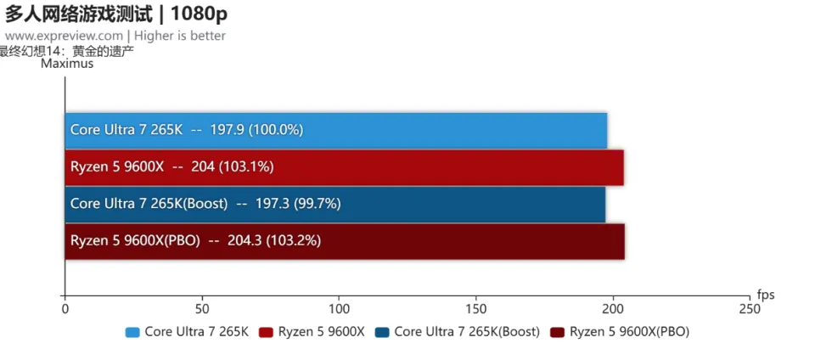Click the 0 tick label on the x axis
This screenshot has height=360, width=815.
(65, 310)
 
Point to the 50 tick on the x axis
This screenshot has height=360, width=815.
(202, 310)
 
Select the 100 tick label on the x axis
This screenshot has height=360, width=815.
(339, 310)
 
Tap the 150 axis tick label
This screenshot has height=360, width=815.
(476, 310)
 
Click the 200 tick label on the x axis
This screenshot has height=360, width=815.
(614, 310)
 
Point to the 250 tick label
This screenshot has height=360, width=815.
(750, 310)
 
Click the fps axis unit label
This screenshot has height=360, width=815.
(766, 295)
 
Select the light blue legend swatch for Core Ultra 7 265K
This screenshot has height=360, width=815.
(132, 332)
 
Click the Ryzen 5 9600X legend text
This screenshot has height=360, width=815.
(321, 332)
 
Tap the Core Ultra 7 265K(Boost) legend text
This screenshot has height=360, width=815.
(467, 332)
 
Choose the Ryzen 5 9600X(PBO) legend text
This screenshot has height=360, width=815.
(629, 332)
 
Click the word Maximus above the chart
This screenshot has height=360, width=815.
(67, 64)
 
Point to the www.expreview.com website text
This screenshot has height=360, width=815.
(65, 36)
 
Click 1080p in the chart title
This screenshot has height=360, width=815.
(200, 14)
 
